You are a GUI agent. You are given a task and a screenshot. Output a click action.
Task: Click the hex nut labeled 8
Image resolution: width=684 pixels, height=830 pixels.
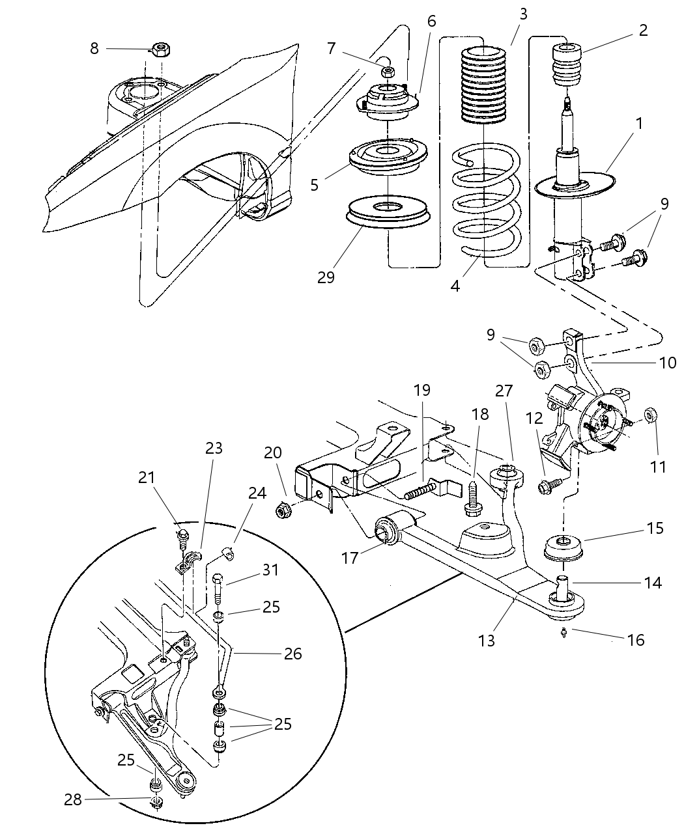[160, 49]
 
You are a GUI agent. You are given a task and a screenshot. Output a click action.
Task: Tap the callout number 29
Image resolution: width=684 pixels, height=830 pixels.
[326, 277]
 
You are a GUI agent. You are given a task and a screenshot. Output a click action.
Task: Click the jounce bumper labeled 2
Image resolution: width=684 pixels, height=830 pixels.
[568, 64]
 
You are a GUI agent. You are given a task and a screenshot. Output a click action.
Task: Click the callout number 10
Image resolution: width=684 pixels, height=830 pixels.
[668, 362]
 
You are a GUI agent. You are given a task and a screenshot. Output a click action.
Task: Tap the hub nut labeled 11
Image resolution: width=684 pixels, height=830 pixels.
[649, 415]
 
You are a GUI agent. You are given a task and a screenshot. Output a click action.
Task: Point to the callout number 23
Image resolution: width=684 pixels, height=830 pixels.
[214, 448]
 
